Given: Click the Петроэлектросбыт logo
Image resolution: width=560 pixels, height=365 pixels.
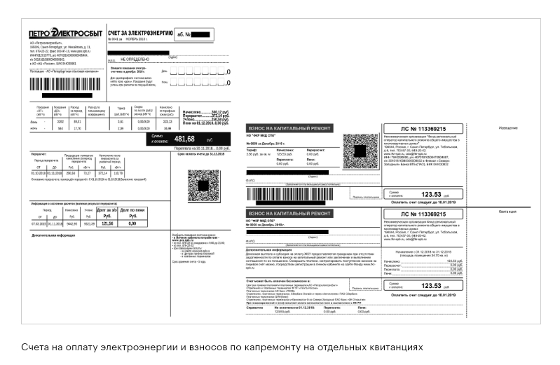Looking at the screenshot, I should point(65,34).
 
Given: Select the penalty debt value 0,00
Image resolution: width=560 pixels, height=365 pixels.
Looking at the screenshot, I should point(132,223).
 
